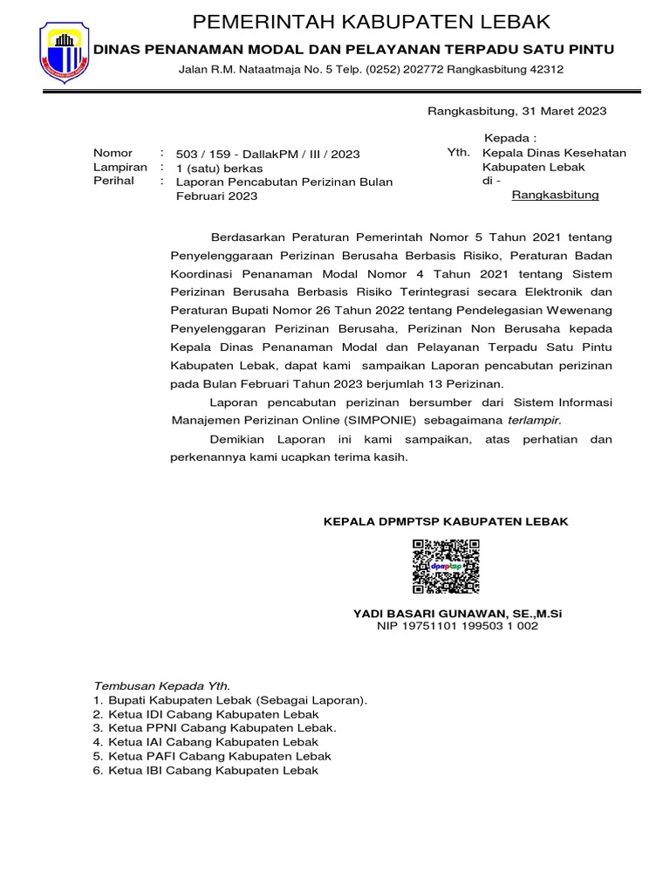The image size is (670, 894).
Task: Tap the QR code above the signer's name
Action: pyautogui.click(x=446, y=567)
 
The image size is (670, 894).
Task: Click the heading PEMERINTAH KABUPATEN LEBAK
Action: pyautogui.click(x=372, y=21)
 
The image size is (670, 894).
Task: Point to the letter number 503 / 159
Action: pyautogui.click(x=207, y=154)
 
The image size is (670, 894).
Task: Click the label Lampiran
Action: pyautogui.click(x=120, y=167)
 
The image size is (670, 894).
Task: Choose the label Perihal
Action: pyautogui.click(x=113, y=181)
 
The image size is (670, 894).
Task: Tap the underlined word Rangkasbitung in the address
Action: pyautogui.click(x=555, y=195)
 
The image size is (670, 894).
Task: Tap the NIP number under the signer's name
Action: pyautogui.click(x=457, y=626)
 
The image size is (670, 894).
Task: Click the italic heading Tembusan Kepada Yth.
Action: pyautogui.click(x=161, y=685)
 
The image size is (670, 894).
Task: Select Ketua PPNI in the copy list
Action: pyautogui.click(x=143, y=727)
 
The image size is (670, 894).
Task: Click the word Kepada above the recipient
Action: pyautogui.click(x=510, y=138)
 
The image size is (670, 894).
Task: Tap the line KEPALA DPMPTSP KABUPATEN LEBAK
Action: pyautogui.click(x=446, y=521)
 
